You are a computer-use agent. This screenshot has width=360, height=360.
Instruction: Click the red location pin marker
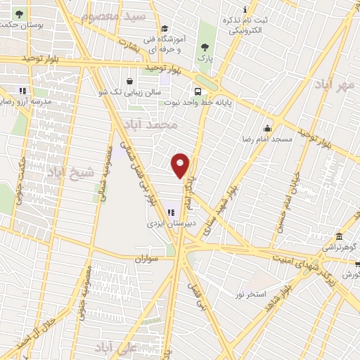click(181, 165)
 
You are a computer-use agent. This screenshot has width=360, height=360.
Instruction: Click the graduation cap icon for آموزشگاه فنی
click(165, 29)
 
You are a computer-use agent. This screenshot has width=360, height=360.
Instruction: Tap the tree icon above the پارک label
click(205, 46)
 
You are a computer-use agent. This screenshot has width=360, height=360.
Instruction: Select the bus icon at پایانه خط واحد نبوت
click(199, 91)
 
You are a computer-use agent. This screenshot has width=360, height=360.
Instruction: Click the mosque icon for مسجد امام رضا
click(267, 128)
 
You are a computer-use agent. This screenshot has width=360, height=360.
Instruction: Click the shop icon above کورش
click(356, 264)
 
